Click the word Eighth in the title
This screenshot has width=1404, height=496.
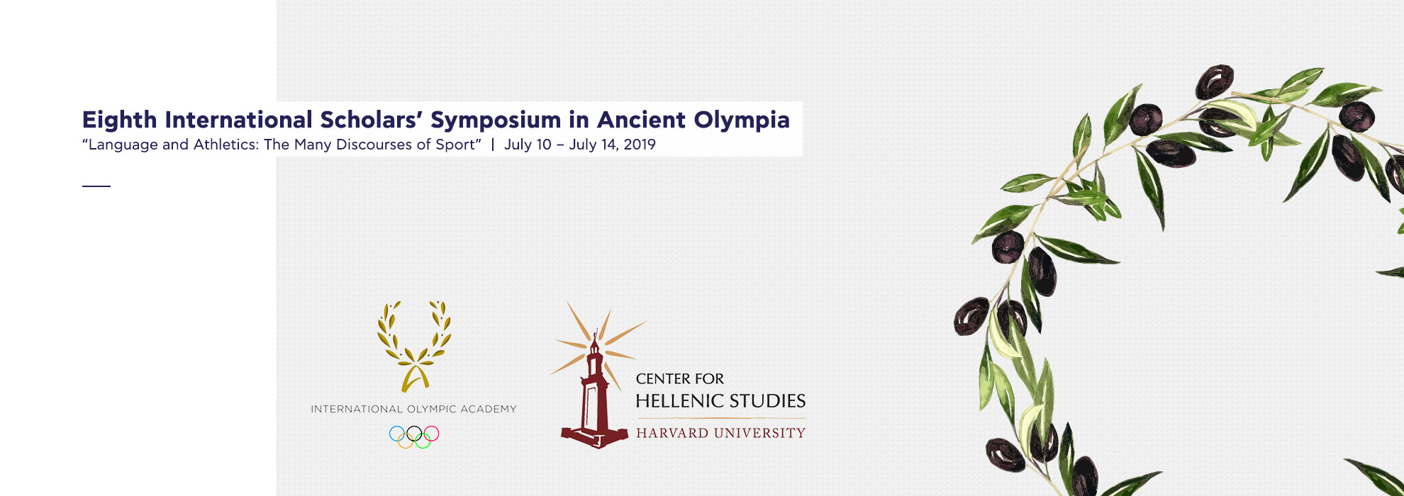coord(119,120)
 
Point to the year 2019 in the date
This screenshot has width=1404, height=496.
coord(640,145)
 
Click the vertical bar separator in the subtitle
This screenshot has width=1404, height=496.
coord(493,145)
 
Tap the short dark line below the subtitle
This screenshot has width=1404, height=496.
coord(96,186)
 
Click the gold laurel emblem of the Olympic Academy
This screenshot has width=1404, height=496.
coord(414,346)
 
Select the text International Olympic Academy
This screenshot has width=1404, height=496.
coord(413,409)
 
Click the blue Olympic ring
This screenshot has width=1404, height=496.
coord(397,433)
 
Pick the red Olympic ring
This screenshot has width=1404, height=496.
coord(431,433)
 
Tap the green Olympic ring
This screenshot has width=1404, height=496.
coord(423,441)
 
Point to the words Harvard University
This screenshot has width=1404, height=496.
coord(720,433)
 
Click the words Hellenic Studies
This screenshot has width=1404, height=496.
coord(720,401)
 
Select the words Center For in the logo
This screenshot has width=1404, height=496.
coord(679,379)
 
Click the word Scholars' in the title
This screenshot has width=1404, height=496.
coord(369,120)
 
